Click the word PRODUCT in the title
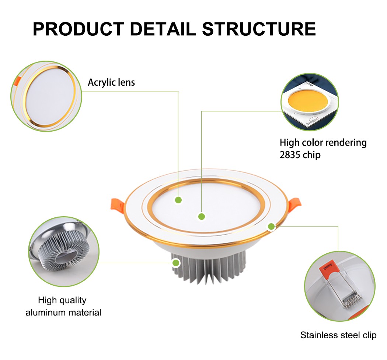click(x=78, y=29)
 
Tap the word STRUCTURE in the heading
click(x=259, y=29)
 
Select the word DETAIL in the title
click(x=163, y=29)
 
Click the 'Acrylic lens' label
click(x=111, y=82)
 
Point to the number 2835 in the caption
click(x=290, y=155)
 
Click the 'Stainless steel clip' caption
click(x=338, y=335)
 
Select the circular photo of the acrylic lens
click(x=46, y=97)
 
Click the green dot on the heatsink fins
click(x=176, y=263)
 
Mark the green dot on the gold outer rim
click(x=271, y=227)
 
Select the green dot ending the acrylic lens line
click(x=178, y=200)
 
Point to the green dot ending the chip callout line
click(x=201, y=216)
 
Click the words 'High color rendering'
click(x=323, y=143)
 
